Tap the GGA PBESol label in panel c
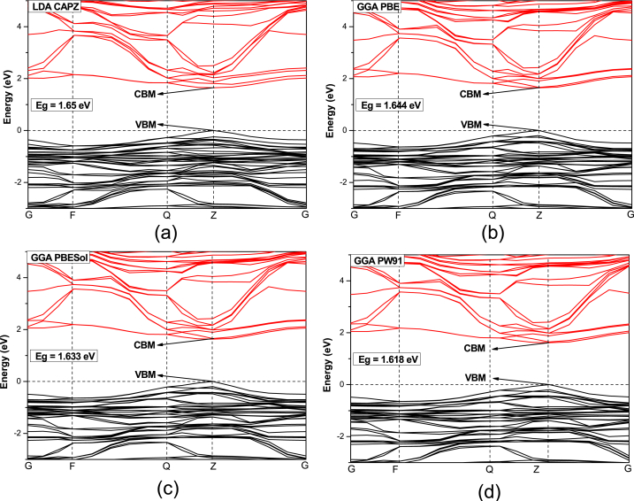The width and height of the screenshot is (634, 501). [62, 258]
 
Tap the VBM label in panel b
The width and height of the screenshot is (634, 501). [471, 125]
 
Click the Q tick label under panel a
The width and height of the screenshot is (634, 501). [166, 214]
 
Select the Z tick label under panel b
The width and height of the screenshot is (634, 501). [539, 214]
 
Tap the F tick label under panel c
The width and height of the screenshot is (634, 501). [73, 466]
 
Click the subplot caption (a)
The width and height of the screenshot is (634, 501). [144, 235]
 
